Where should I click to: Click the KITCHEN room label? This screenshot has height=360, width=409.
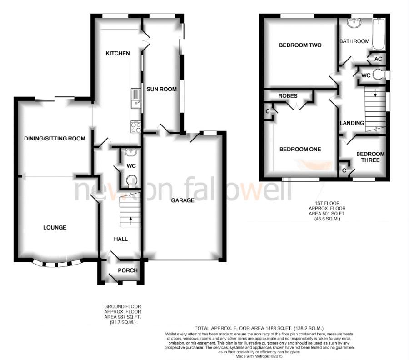(118, 53)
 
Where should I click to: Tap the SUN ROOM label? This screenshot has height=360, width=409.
(161, 89)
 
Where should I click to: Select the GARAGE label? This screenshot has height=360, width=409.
(183, 200)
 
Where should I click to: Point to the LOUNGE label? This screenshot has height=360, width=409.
(55, 227)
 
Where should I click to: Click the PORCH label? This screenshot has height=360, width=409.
(128, 270)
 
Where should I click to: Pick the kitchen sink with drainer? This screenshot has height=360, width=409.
(136, 98)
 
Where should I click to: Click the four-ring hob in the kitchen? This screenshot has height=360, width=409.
(136, 127)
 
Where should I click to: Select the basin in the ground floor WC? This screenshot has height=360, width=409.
(131, 152)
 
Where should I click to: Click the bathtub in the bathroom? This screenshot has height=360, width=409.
(379, 34)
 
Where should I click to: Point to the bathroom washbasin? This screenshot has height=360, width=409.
(354, 23)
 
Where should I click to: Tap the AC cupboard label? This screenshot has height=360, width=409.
(378, 59)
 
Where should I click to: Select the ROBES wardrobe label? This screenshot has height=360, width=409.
(288, 96)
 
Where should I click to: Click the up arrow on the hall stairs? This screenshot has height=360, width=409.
(130, 220)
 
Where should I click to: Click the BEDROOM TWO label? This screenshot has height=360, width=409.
(300, 45)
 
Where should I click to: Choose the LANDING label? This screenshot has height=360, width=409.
(352, 123)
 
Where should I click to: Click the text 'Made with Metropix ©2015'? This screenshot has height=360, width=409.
(259, 356)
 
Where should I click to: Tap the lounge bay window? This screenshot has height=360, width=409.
(56, 264)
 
